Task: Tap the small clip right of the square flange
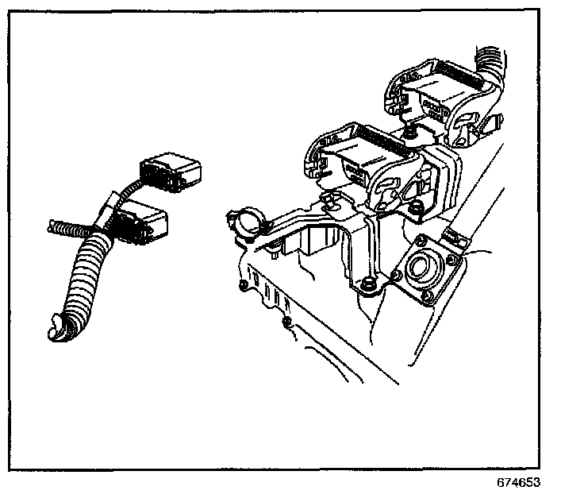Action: [454, 234]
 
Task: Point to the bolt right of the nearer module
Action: [416, 208]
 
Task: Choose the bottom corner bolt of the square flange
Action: [429, 298]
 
